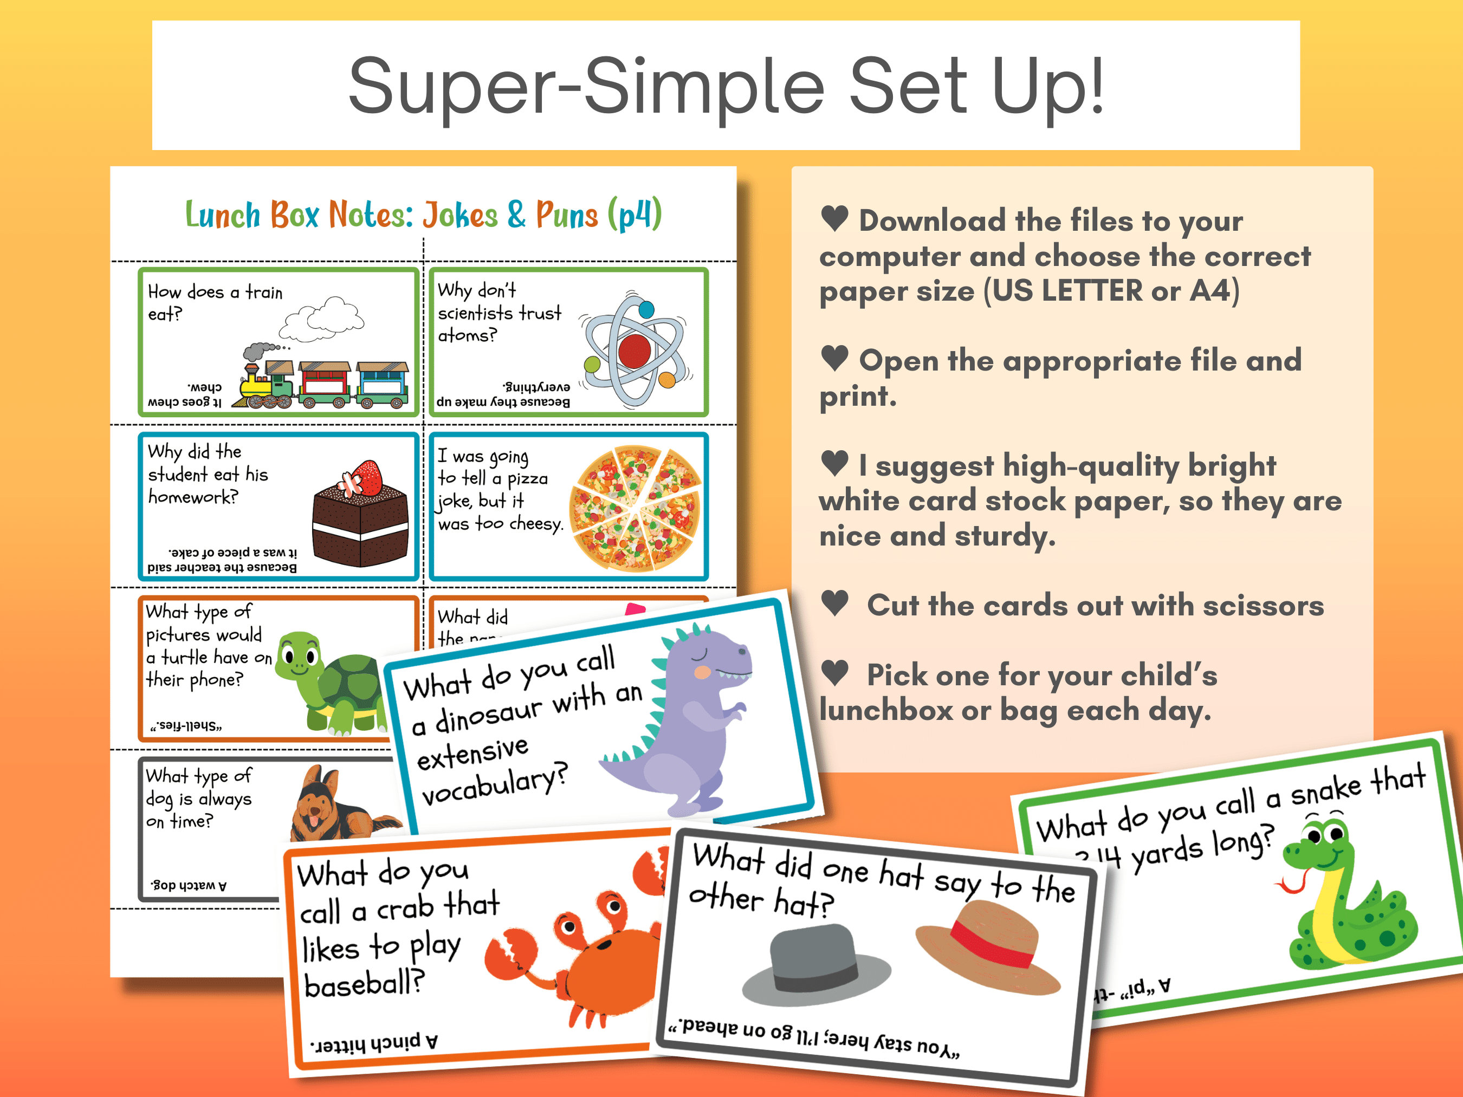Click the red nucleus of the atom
[635, 350]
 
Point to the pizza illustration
[636, 508]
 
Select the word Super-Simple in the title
[586, 86]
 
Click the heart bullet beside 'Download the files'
[834, 218]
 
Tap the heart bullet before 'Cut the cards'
[834, 602]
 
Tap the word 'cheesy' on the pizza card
[536, 524]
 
